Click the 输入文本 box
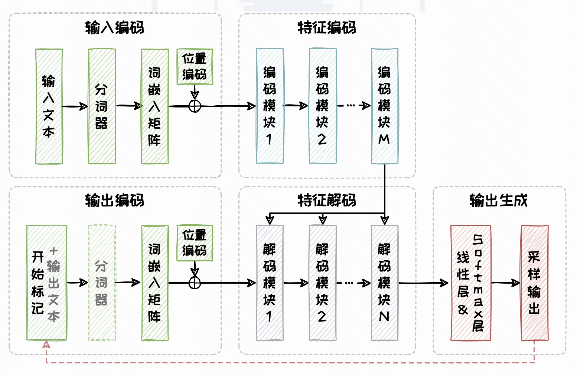tap(49, 106)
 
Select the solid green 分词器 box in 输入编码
tap(102, 106)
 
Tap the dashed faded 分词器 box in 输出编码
tap(102, 283)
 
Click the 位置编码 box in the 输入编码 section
tap(195, 67)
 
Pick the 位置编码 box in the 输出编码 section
tap(195, 243)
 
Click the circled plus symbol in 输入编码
tap(195, 106)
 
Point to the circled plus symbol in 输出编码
tap(195, 283)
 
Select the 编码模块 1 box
tap(270, 106)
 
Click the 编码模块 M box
tap(385, 106)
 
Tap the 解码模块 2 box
tap(323, 283)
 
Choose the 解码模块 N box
tap(385, 283)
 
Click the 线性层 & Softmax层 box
tap(471, 283)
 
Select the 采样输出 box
tap(535, 283)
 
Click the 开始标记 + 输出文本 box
tap(47, 283)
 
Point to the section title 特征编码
tap(327, 28)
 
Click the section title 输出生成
tap(498, 201)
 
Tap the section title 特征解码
tap(327, 201)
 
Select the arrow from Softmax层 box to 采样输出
tap(506, 283)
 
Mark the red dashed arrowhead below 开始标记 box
tap(46, 345)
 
